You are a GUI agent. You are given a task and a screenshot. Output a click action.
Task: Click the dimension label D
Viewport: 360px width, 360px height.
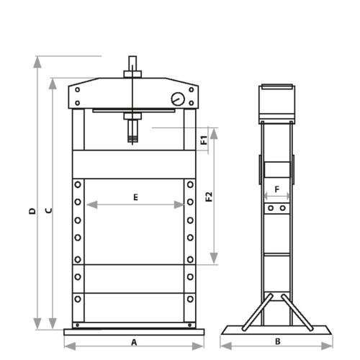[x=32, y=211]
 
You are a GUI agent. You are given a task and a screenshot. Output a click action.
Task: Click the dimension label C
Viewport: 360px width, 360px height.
[x=49, y=211]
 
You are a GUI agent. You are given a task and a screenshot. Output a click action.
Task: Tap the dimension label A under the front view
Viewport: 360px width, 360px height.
[x=134, y=342]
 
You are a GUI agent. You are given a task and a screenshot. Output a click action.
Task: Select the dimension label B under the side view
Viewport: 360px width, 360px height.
[x=278, y=341]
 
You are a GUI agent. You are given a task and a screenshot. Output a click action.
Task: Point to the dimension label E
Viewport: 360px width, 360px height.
[x=135, y=197]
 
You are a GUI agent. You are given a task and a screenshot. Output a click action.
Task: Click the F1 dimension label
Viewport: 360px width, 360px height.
[x=204, y=140]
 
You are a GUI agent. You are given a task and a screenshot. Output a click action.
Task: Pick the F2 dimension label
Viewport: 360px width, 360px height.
[x=210, y=197]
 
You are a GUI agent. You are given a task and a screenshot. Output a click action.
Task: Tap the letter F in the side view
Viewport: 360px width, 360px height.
[x=277, y=189]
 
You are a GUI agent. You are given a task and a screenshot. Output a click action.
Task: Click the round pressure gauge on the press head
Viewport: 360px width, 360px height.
[x=178, y=99]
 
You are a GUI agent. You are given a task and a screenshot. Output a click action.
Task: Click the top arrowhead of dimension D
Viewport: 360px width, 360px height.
[x=37, y=63]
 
